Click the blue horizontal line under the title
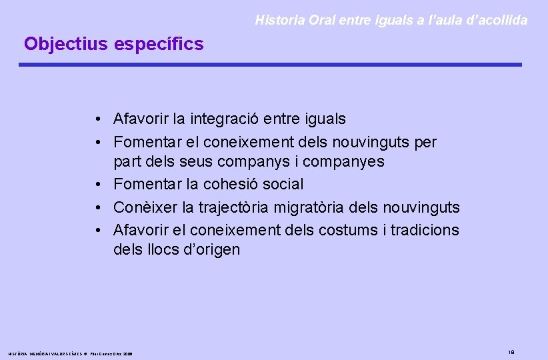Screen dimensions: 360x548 [x=270, y=65]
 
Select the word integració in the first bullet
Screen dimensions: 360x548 [x=225, y=119]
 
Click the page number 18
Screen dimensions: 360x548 [x=511, y=352]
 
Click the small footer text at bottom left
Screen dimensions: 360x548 [x=70, y=353]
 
